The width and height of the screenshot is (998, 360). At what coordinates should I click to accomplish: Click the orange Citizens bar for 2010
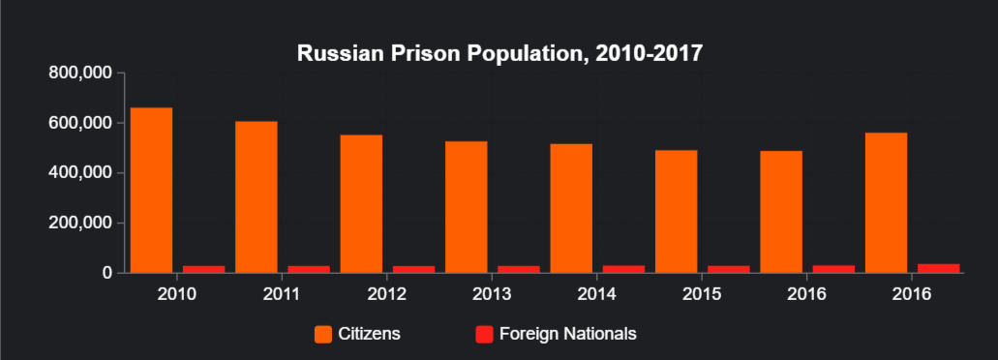click(151, 190)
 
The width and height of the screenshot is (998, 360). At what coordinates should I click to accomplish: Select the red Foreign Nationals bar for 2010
click(203, 268)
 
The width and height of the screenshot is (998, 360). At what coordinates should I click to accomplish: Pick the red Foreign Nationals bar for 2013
click(518, 268)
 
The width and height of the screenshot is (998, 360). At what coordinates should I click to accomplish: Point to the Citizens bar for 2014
click(571, 208)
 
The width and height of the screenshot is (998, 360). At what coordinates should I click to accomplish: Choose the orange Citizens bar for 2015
click(676, 211)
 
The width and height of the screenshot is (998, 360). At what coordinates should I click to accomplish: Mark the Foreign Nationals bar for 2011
click(308, 268)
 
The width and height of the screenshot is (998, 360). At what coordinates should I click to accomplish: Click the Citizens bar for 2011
click(256, 196)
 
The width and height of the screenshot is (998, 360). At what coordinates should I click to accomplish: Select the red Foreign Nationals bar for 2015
click(728, 268)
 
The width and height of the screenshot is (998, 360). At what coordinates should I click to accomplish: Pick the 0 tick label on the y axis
click(107, 273)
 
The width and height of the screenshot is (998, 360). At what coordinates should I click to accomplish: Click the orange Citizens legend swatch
click(323, 334)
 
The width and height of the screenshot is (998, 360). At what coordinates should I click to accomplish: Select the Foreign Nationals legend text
click(567, 334)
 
